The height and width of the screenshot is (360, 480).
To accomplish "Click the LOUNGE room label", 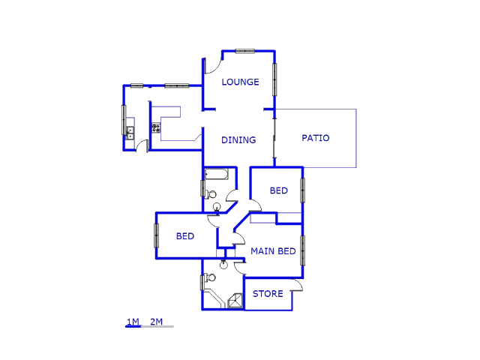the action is pyautogui.click(x=240, y=82).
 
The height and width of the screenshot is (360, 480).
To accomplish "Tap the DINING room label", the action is pyautogui.click(x=238, y=140).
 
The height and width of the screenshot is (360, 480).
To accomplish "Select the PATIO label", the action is pyautogui.click(x=316, y=138).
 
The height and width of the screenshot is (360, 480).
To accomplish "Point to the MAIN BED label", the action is pyautogui.click(x=273, y=251).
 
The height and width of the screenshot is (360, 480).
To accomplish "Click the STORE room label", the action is pyautogui.click(x=268, y=294).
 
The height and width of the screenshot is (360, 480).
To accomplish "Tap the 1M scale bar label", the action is pyautogui.click(x=133, y=322).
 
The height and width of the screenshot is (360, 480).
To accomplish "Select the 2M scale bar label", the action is pyautogui.click(x=157, y=322).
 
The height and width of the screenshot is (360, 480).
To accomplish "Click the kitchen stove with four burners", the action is pyautogui.click(x=156, y=127).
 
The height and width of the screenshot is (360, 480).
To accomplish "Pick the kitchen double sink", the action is pyautogui.click(x=130, y=133).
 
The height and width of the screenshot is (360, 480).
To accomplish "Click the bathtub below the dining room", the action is pyautogui.click(x=217, y=174).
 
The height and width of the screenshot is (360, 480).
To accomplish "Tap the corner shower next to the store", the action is pyautogui.click(x=235, y=300).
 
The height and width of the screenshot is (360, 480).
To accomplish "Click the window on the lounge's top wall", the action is pyautogui.click(x=245, y=51).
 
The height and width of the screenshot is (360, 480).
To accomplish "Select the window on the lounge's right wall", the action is pyautogui.click(x=274, y=79).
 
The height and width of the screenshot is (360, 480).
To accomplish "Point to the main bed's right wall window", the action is pyautogui.click(x=302, y=250).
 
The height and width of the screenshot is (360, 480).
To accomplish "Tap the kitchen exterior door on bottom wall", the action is pyautogui.click(x=141, y=145).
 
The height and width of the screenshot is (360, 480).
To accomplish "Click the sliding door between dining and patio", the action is pyautogui.click(x=274, y=138).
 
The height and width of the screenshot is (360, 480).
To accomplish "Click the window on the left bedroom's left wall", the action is pyautogui.click(x=157, y=235).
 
